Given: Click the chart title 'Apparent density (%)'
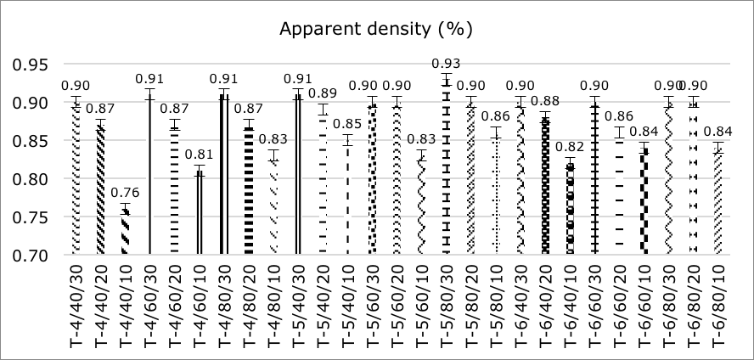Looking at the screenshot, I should [376, 29].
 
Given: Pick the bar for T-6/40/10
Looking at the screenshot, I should [570, 208].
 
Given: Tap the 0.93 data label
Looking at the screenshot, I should [446, 64].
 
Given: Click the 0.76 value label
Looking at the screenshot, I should [125, 194].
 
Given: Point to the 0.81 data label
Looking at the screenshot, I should [199, 155].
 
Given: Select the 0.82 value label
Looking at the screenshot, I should [570, 147].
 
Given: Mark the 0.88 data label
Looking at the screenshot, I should [545, 102].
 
